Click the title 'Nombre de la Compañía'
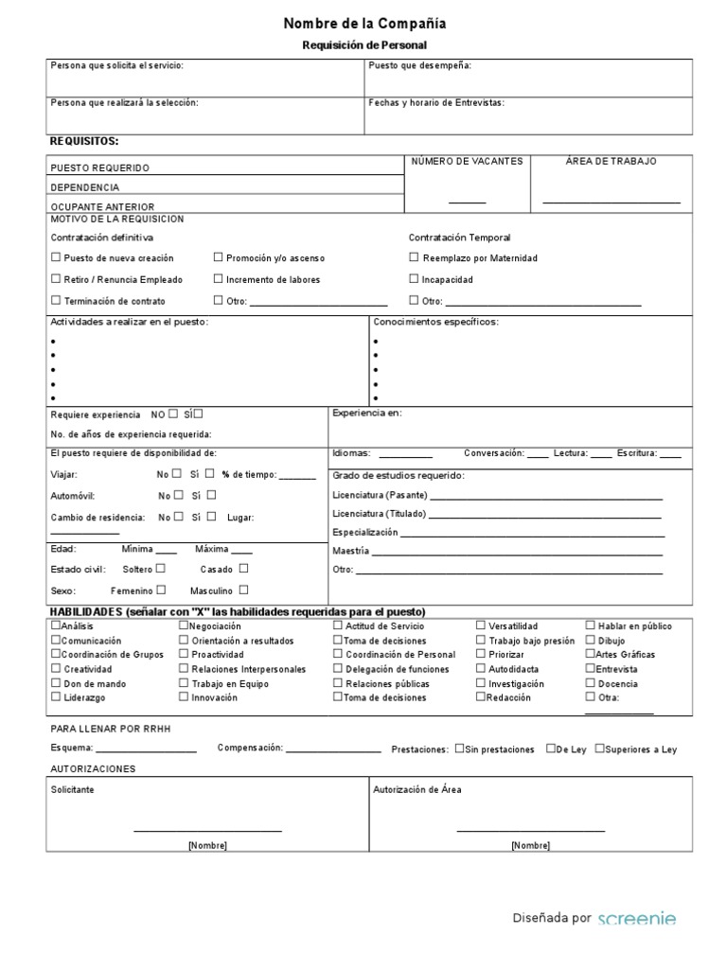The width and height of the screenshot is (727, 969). (x=364, y=24)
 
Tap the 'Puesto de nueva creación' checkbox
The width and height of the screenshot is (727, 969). (x=56, y=257)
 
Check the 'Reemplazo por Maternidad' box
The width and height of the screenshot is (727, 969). (x=414, y=257)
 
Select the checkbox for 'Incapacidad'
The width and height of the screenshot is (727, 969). (x=414, y=279)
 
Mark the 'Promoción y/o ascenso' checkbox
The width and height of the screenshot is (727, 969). (x=218, y=257)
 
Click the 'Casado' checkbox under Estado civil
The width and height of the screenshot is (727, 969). (x=243, y=569)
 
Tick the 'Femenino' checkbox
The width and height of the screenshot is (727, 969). (x=162, y=590)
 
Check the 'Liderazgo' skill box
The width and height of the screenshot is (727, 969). (x=56, y=697)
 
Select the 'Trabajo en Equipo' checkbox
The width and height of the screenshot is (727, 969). (x=184, y=683)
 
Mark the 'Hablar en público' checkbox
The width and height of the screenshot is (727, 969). (x=590, y=625)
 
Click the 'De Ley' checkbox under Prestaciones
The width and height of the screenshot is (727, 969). (x=550, y=749)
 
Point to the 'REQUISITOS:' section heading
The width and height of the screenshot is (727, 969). (x=84, y=141)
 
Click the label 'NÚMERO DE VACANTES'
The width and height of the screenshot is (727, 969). (x=466, y=162)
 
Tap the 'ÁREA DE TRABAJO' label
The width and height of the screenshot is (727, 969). (x=611, y=162)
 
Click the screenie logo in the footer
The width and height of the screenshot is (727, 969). (x=637, y=918)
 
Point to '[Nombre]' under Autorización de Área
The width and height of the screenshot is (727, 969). (x=530, y=845)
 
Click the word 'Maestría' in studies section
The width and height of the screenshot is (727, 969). (x=351, y=551)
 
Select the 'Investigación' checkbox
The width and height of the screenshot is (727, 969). (x=481, y=683)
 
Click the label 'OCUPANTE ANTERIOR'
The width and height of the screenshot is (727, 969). (x=102, y=206)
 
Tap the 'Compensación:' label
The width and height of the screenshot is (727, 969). (x=250, y=748)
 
